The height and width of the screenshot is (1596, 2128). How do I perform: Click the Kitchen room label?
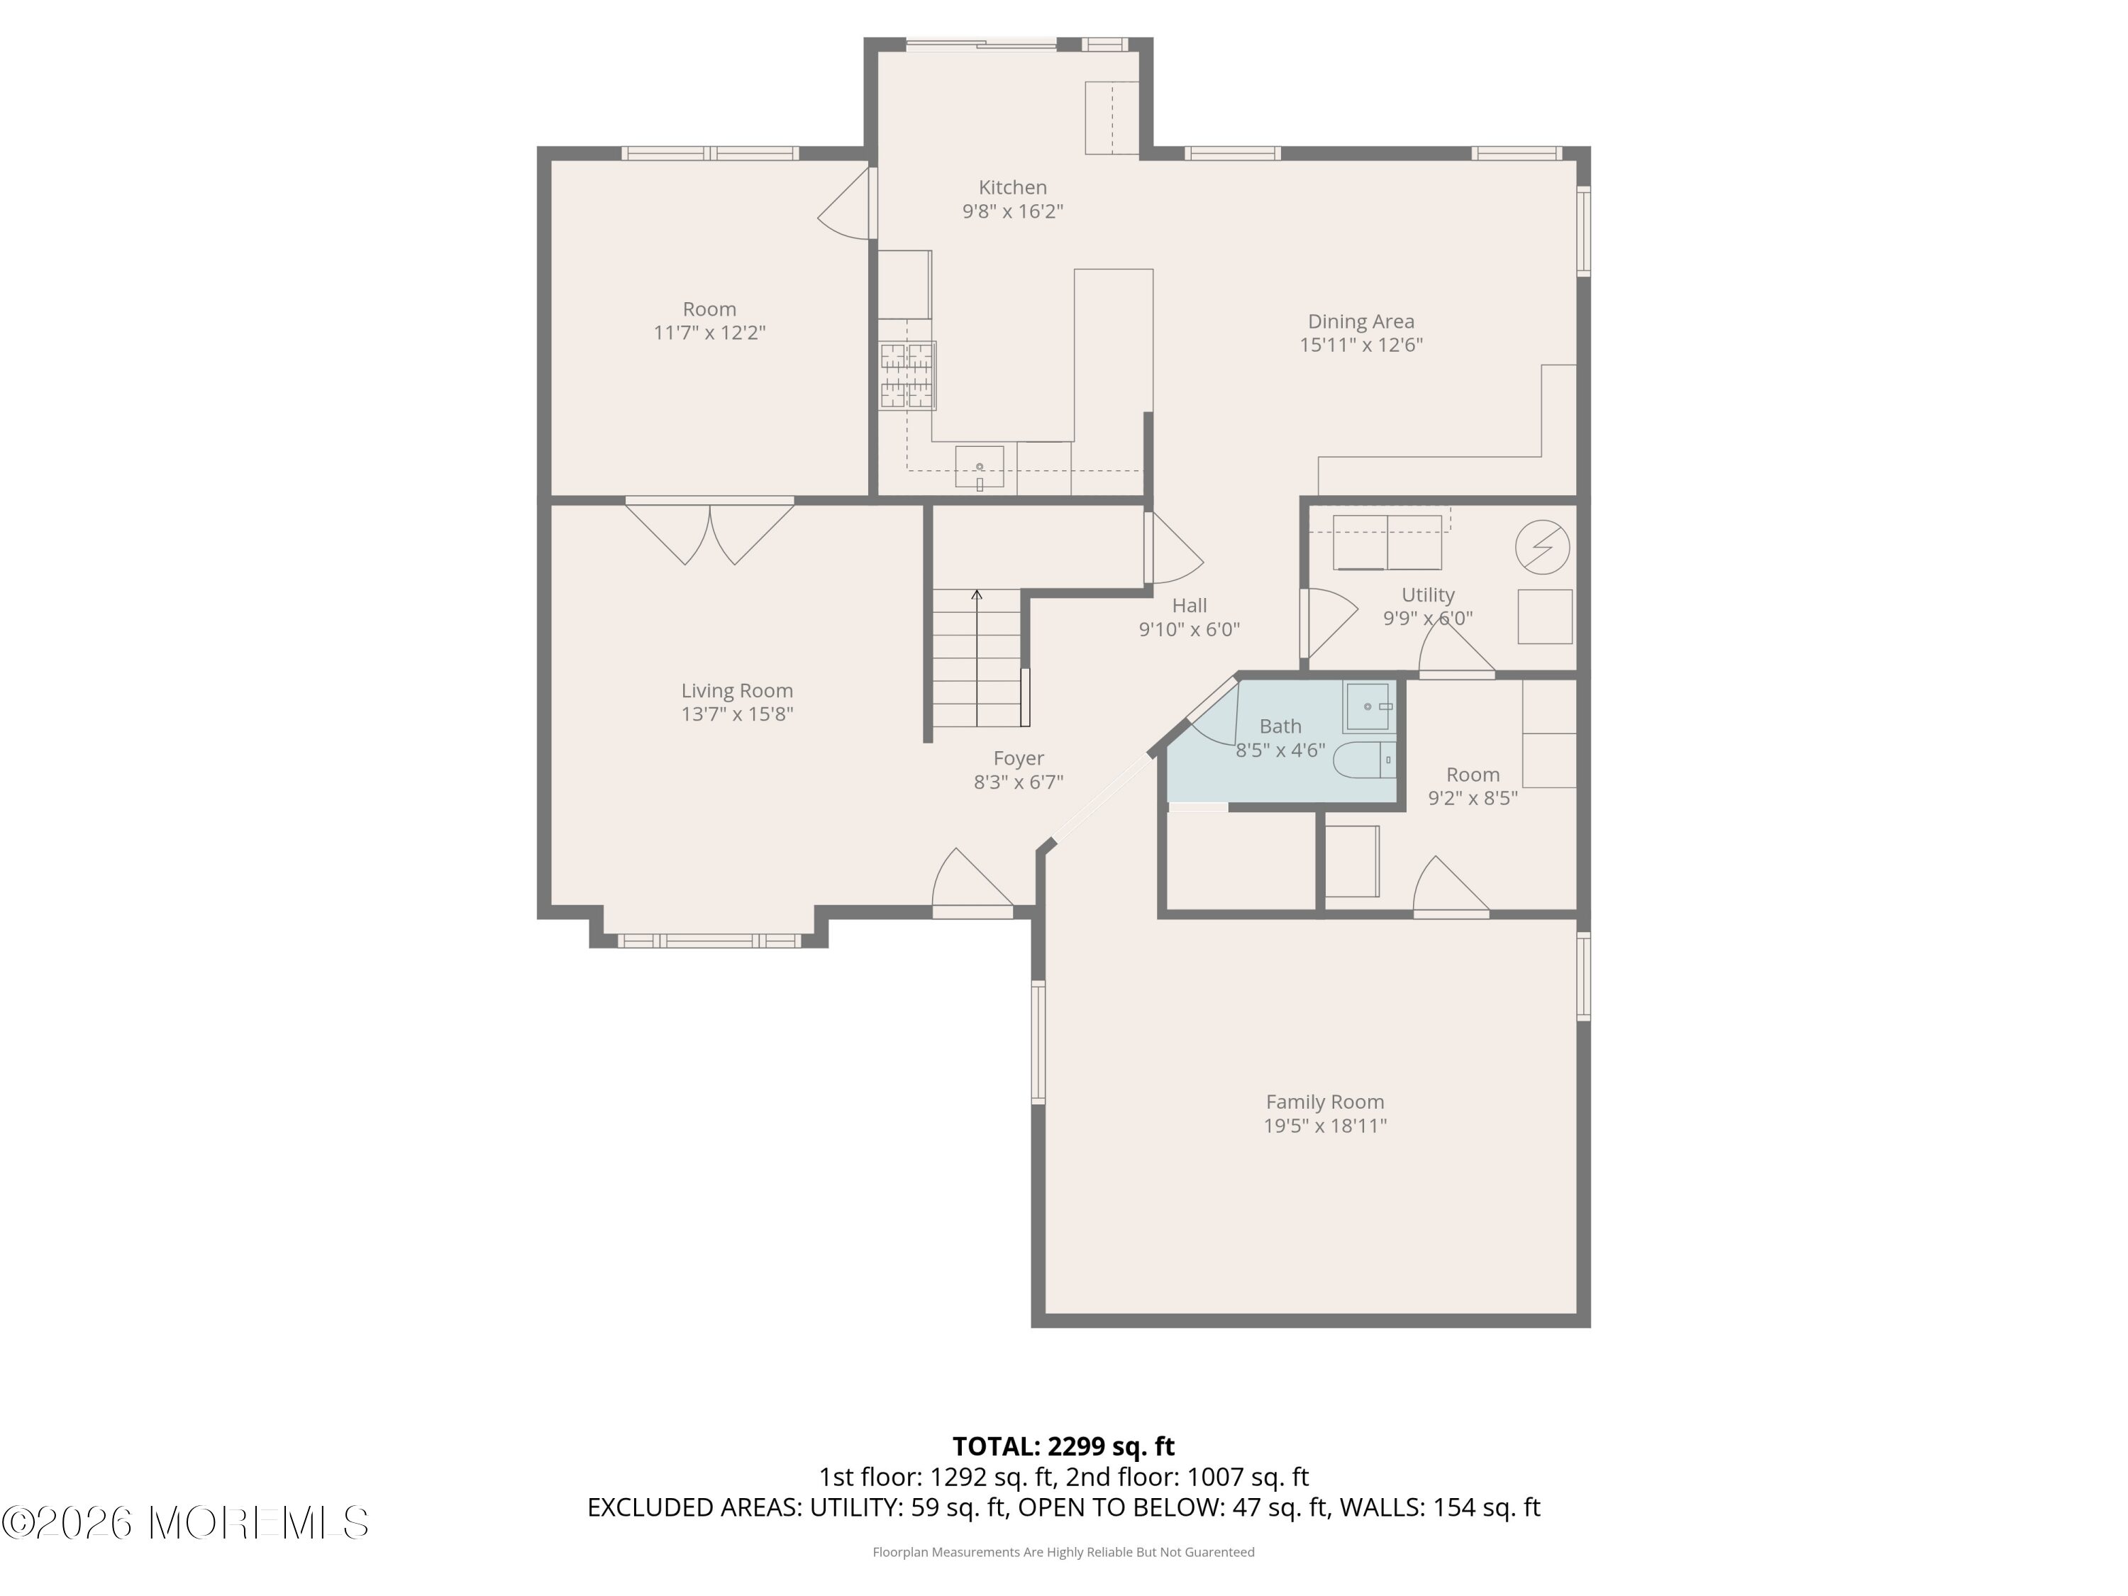coord(1012,187)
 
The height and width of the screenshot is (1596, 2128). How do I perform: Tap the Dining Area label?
coord(1361,321)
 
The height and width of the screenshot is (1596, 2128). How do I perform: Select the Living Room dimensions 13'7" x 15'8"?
coord(737,714)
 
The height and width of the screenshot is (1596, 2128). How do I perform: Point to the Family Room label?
coord(1325,1102)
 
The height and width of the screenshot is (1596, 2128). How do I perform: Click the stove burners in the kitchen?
coord(907,376)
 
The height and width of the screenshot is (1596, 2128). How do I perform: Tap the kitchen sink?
coord(980,467)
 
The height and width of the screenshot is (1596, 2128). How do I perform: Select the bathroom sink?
coord(1367,707)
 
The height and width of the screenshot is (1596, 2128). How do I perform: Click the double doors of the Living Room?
coord(710,532)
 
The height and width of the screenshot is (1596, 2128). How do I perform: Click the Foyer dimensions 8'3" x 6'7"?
coord(1018,782)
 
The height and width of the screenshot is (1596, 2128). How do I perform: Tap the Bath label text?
coord(1280,726)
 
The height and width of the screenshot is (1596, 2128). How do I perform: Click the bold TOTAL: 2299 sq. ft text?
coord(1063,1446)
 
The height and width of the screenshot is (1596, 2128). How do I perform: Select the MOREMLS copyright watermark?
coord(184,1523)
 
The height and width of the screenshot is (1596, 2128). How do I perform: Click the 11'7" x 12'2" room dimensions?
coord(710,333)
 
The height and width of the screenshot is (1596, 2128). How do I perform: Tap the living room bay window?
coord(709,941)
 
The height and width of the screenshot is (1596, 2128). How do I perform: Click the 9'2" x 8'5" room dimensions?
coord(1473,797)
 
